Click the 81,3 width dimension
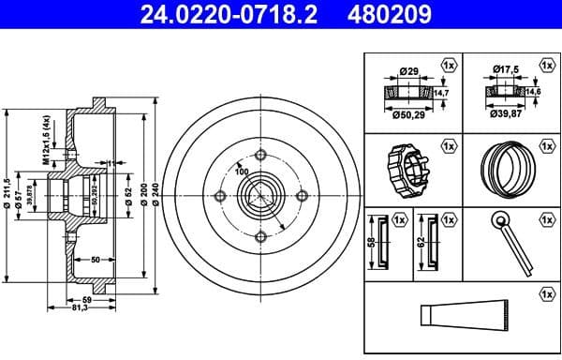(x=82, y=307)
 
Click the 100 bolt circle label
(x=242, y=172)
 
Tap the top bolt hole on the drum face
(x=259, y=156)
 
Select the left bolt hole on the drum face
(x=220, y=196)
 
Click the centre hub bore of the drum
(x=259, y=196)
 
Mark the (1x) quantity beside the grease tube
(x=545, y=294)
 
